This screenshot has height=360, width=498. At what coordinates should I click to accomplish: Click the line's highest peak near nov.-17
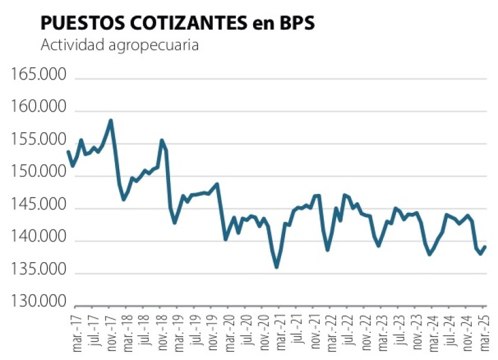(111, 120)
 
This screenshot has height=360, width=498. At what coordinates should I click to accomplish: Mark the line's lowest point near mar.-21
(277, 267)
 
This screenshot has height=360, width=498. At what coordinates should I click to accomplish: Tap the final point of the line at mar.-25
(485, 247)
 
